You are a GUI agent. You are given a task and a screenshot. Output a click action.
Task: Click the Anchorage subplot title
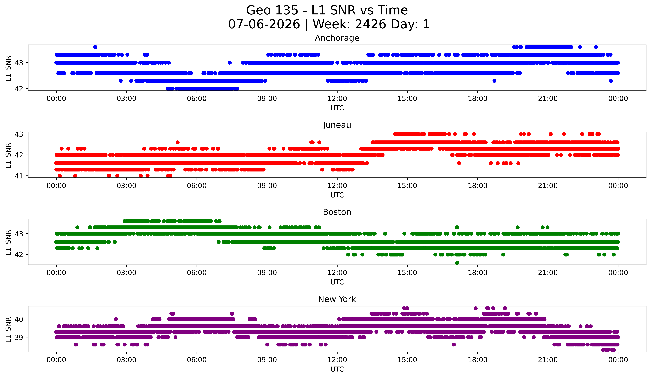coord(337,38)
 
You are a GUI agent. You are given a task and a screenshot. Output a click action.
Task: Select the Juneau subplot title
coord(337,125)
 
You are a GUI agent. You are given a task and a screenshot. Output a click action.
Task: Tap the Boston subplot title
coord(337,212)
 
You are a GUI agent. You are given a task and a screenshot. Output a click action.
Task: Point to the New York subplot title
coord(337,299)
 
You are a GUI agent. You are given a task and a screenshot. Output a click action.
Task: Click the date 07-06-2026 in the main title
coord(264,24)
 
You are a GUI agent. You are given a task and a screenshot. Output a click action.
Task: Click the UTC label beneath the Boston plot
coord(337,282)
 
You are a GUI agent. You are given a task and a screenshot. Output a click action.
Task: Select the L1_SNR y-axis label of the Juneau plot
coord(8,155)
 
